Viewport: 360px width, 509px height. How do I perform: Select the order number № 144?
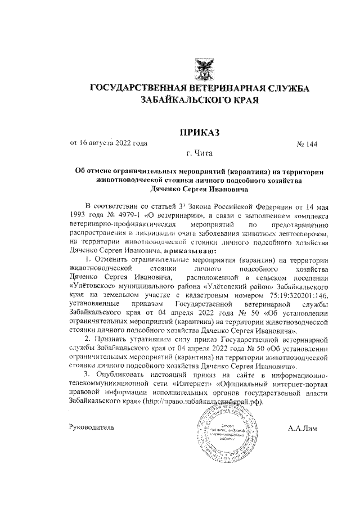307,144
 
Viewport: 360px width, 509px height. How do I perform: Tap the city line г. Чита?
200,153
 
